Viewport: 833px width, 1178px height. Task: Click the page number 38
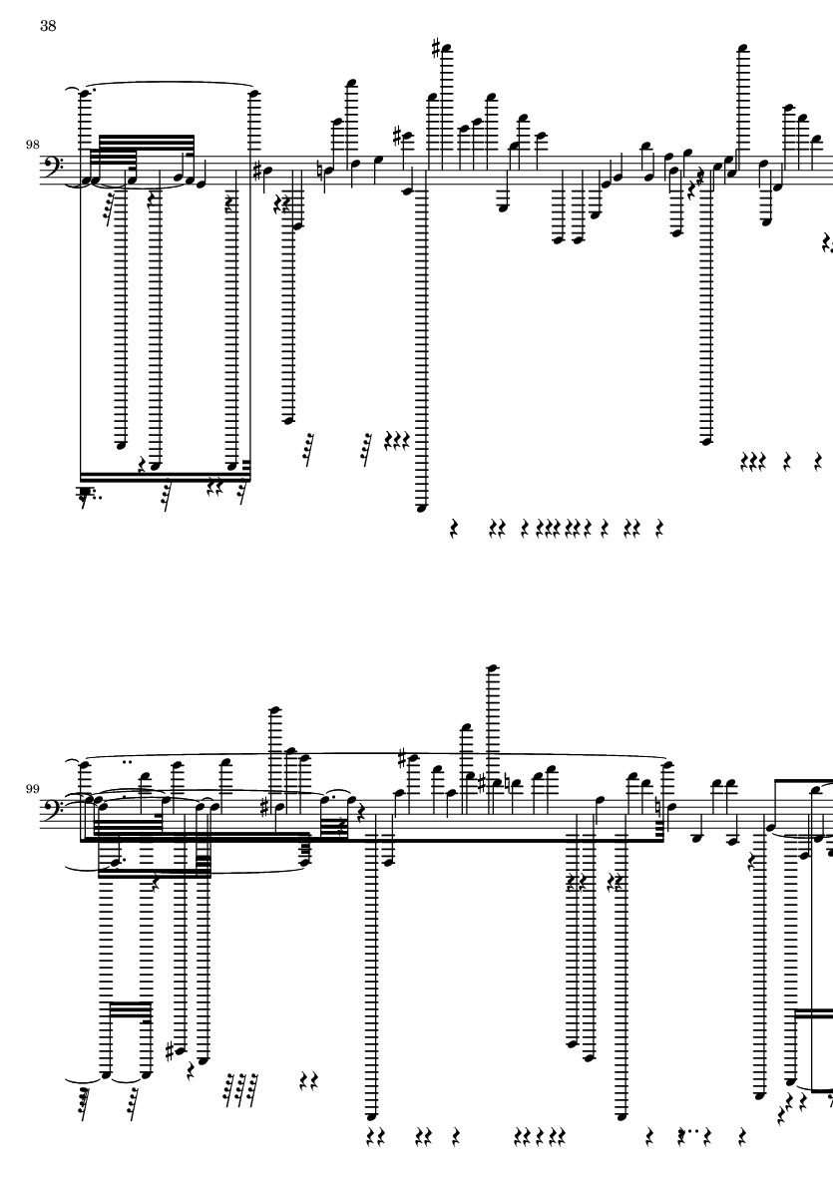point(48,26)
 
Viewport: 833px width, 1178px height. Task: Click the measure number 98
point(32,145)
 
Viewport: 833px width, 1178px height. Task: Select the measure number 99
point(32,789)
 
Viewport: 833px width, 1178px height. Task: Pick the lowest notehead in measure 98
point(421,508)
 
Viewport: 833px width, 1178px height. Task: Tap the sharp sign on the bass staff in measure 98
point(257,172)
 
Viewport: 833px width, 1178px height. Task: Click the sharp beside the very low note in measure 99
point(170,1051)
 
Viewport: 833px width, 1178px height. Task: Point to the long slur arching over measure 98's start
point(168,84)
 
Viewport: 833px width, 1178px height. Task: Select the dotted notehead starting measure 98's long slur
point(84,94)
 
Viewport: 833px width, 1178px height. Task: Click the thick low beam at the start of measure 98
point(166,477)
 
